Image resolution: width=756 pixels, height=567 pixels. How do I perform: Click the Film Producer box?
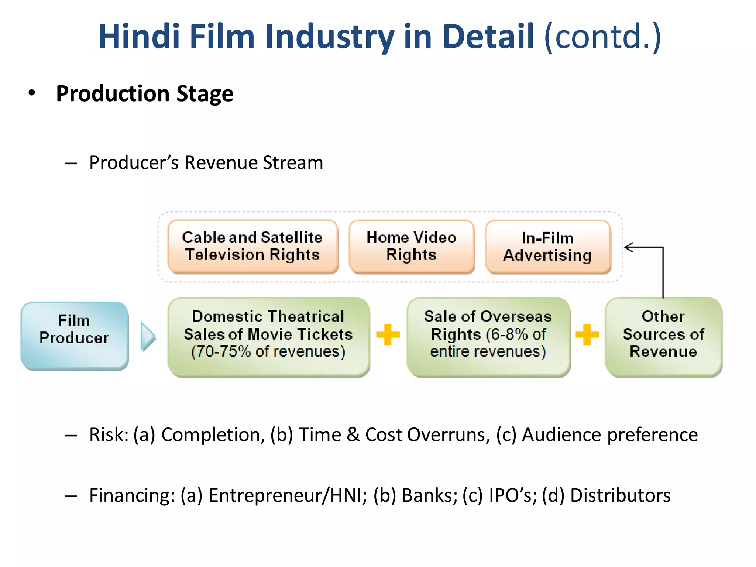coord(75,335)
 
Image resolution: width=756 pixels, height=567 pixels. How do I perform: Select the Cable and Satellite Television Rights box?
coord(252,247)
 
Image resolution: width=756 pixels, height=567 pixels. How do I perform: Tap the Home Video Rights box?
coord(411,247)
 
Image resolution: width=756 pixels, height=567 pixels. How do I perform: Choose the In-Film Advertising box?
coord(548,247)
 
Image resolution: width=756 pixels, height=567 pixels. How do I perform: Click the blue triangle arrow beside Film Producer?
coord(148,336)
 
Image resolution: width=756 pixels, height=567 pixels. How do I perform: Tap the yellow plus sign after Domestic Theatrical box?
coord(388,334)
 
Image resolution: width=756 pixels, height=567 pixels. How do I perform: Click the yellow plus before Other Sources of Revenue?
coord(587,334)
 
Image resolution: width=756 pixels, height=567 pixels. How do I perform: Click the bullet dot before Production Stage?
coord(32,93)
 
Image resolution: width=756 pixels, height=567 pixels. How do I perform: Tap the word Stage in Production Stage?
coord(205,93)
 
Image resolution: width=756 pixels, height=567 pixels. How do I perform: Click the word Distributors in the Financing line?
coord(620,495)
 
